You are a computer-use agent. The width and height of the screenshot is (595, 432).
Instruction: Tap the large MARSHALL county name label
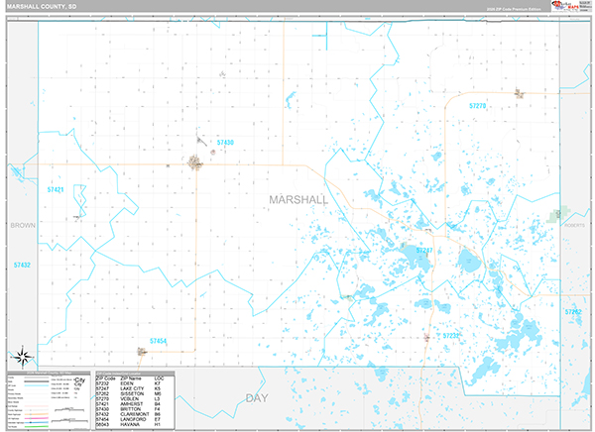(x=298, y=199)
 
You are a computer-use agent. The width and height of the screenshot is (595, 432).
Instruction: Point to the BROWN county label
(x=22, y=226)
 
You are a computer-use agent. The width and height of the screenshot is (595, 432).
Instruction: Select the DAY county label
(x=257, y=398)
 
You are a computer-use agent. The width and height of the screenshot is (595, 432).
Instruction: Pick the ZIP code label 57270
(x=478, y=105)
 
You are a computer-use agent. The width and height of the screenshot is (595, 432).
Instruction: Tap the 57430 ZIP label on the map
(x=223, y=143)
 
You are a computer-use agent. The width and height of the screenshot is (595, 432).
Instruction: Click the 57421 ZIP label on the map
(x=55, y=189)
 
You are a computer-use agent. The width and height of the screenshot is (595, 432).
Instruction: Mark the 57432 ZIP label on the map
(x=22, y=266)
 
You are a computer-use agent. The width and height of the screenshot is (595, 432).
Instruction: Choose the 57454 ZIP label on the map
(x=159, y=342)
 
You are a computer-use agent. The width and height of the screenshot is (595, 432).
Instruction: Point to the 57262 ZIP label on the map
(x=572, y=312)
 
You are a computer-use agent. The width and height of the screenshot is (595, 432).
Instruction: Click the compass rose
(x=22, y=356)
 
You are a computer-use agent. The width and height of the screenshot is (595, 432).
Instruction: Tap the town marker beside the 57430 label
(x=196, y=162)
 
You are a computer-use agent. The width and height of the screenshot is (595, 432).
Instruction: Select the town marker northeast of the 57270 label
(x=518, y=94)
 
